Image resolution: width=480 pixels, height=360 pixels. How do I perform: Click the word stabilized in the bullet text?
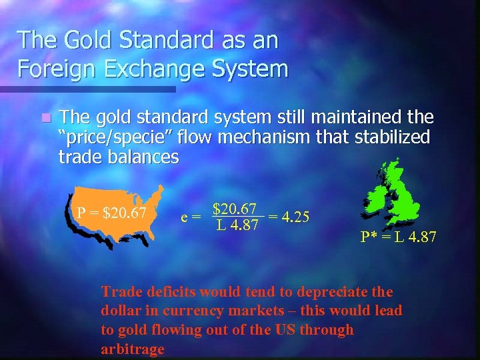click(x=393, y=138)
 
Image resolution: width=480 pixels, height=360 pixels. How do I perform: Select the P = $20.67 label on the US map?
click(x=111, y=213)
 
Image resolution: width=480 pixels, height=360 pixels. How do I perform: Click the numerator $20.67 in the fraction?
click(x=237, y=209)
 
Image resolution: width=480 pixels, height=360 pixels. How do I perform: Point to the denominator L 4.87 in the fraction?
click(x=237, y=225)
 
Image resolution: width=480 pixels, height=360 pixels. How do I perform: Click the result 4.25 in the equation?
click(x=296, y=217)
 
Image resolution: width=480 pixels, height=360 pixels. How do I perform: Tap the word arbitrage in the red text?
click(x=133, y=349)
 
